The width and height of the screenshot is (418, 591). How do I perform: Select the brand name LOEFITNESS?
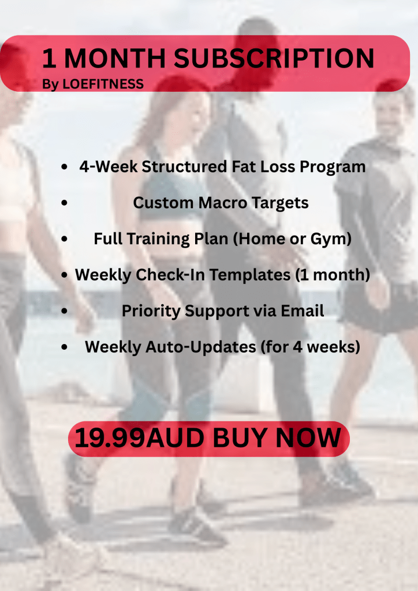[x=103, y=84]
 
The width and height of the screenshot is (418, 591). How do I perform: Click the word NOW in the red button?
[x=308, y=438]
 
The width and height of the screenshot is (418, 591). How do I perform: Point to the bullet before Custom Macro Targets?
[x=65, y=203]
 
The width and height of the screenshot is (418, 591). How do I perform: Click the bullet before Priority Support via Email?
[x=65, y=311]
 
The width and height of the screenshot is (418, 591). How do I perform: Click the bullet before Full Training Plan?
[x=65, y=239]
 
